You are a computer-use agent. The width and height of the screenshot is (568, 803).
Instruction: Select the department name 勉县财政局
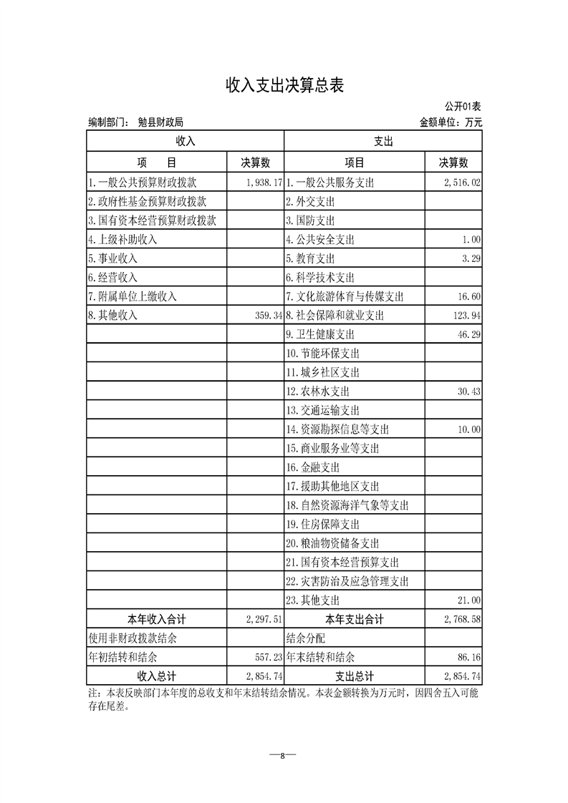[161, 122]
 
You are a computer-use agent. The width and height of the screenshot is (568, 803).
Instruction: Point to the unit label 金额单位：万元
[451, 122]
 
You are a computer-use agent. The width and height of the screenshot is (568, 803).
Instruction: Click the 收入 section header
[186, 142]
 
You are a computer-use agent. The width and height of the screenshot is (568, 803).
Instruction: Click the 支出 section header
[383, 142]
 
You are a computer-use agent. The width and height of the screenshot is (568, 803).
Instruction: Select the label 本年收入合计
[156, 619]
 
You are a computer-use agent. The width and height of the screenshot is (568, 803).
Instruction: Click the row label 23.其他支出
[313, 600]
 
